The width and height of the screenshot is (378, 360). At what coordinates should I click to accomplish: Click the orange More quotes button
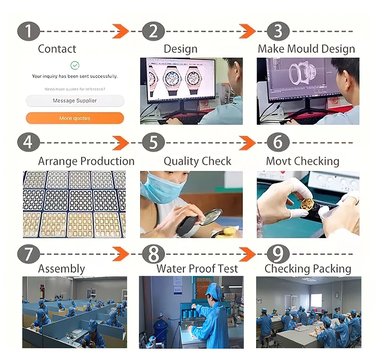coord(75,118)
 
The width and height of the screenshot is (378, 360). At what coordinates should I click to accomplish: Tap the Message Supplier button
coord(75,101)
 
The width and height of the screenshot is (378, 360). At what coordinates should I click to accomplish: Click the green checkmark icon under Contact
coord(75,65)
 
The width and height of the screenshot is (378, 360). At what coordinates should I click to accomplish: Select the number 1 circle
coord(29,31)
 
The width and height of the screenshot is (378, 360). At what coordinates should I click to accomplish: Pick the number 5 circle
coord(154,142)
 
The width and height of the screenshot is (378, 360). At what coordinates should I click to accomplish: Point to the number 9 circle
coord(278,254)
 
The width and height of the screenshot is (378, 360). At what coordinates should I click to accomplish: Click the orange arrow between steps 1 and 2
coord(120,31)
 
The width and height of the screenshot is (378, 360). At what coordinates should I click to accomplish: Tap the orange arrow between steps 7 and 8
coord(120,254)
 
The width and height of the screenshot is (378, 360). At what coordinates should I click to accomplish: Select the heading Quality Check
coord(198,161)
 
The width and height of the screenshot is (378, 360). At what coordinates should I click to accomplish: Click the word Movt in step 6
coord(278,161)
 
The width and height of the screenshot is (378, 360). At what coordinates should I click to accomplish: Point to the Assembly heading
coord(61,269)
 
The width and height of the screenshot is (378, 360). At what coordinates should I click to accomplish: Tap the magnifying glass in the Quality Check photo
coord(211,217)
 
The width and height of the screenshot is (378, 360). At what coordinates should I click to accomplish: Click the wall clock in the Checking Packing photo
coord(337,295)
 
